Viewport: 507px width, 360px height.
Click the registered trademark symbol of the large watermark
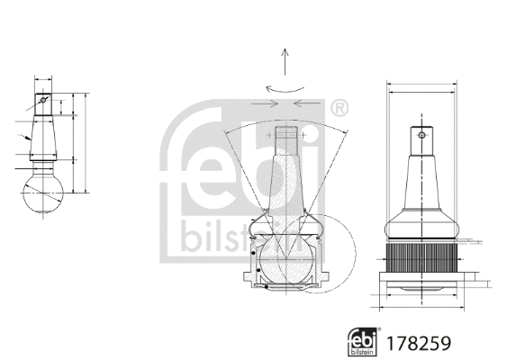(x=338, y=110)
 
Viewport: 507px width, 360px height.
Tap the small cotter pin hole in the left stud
(x=42, y=100)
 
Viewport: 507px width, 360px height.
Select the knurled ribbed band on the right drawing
(x=421, y=261)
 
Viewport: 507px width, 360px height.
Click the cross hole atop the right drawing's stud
(x=421, y=137)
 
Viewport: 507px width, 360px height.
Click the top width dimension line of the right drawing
(x=421, y=87)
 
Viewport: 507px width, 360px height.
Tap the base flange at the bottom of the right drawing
(x=421, y=287)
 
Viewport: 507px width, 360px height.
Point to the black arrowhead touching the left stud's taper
(x=29, y=139)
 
